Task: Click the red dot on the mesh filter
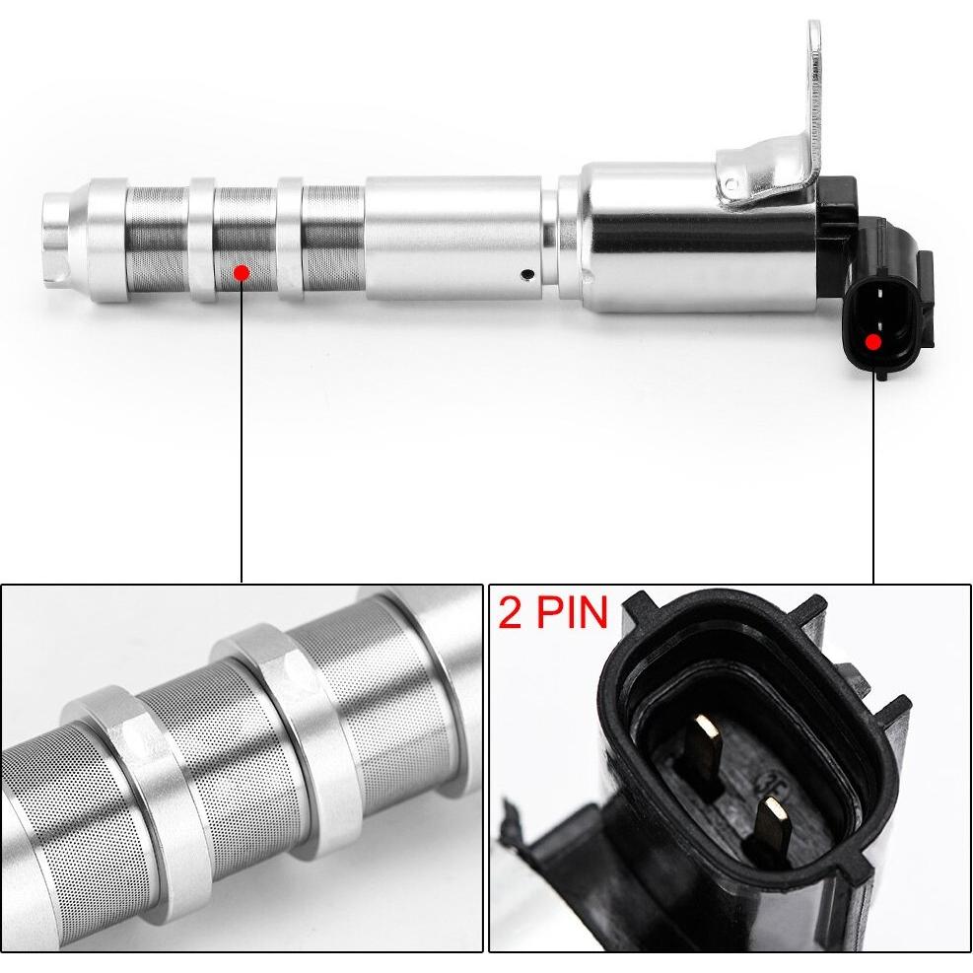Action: pyautogui.click(x=242, y=272)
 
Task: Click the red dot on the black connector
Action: pyautogui.click(x=873, y=341)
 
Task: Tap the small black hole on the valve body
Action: pyautogui.click(x=528, y=273)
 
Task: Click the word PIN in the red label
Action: pyautogui.click(x=572, y=612)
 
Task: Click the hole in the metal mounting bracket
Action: pyautogui.click(x=732, y=183)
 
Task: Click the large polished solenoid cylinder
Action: pyautogui.click(x=698, y=238)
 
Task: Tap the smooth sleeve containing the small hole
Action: pyautogui.click(x=453, y=238)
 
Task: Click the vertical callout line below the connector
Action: pyautogui.click(x=873, y=479)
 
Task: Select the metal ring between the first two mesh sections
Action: pyautogui.click(x=202, y=240)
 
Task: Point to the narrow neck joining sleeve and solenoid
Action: pyautogui.click(x=550, y=238)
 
